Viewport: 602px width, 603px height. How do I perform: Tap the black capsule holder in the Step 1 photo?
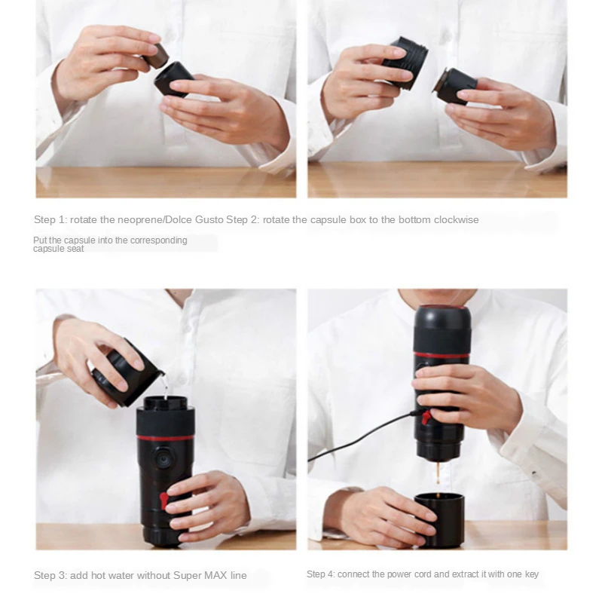point(174,80)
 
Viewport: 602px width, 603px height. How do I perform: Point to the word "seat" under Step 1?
point(75,249)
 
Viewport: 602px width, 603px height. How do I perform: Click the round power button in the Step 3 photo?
point(163,459)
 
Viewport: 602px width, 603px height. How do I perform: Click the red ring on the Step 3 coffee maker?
point(165,438)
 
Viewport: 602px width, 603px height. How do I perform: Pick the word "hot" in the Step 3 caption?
point(99,576)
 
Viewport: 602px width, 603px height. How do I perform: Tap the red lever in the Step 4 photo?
point(426,418)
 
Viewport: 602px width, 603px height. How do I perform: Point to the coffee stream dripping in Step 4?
point(438,473)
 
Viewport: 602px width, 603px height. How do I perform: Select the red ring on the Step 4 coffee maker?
point(442,355)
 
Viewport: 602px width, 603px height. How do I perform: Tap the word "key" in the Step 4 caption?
point(532,575)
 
